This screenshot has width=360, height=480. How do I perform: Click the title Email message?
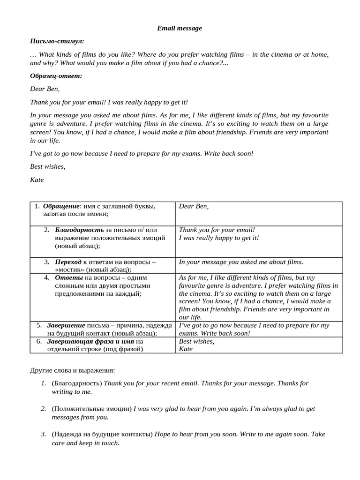tap(180, 28)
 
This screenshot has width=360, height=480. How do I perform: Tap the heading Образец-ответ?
tap(56, 76)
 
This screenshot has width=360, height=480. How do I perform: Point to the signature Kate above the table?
tap(37, 180)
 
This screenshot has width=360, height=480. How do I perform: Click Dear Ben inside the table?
tap(194, 206)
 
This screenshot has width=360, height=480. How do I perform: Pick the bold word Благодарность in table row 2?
tap(79, 230)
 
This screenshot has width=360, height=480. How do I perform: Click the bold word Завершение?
tap(66, 325)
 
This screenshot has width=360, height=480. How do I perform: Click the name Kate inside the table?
tap(186, 349)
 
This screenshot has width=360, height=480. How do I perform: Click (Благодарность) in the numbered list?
tap(77, 383)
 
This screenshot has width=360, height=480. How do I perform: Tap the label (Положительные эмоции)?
tap(92, 409)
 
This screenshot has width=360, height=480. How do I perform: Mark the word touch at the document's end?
tap(110, 442)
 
